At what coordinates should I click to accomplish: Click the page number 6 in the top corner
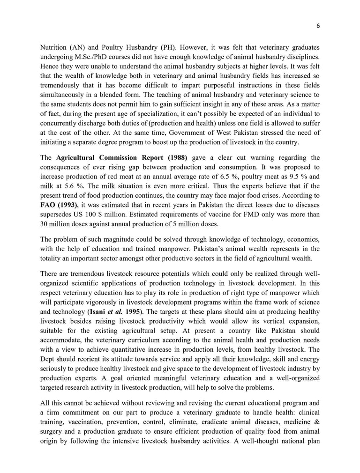pyautogui.click(x=318, y=26)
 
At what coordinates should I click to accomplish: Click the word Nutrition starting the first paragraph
pyautogui.click(x=54, y=47)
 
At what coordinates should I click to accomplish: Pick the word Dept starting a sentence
pyautogui.click(x=49, y=359)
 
